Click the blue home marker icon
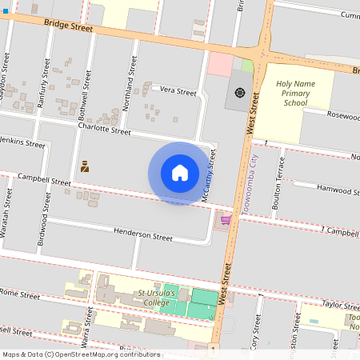click(x=180, y=173)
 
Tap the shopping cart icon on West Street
click(x=226, y=220)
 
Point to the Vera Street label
click(x=178, y=92)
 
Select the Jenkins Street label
click(x=22, y=143)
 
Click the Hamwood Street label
click(x=334, y=190)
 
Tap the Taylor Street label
click(x=341, y=305)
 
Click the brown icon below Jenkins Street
click(x=84, y=166)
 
